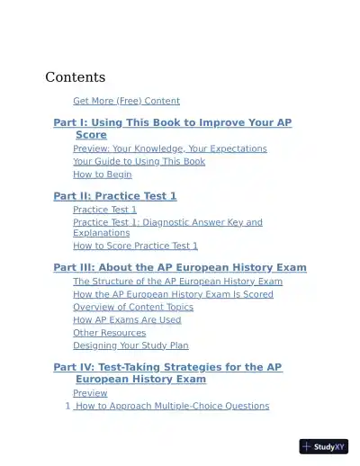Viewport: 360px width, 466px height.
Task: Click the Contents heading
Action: point(75,77)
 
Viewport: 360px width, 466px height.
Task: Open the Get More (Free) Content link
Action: point(126,101)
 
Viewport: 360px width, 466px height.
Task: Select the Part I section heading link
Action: point(172,122)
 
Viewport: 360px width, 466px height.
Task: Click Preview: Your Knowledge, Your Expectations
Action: point(169,148)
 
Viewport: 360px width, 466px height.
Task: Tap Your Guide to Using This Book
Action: point(139,161)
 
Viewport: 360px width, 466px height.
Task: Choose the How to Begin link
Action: point(102,175)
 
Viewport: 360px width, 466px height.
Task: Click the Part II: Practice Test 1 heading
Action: point(115,196)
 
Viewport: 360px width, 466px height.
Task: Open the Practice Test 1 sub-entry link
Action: point(104,210)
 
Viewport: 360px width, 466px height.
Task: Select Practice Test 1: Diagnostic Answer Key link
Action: point(167,222)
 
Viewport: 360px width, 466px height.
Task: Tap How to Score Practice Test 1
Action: point(135,246)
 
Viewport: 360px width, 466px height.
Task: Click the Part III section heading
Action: point(180,267)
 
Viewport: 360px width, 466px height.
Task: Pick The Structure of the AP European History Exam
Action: point(177,282)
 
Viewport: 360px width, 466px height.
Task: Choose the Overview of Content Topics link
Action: point(132,307)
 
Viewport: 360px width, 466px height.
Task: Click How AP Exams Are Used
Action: point(127,319)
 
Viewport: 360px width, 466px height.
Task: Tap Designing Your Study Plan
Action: point(130,345)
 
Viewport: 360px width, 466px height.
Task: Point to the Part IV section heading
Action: point(167,367)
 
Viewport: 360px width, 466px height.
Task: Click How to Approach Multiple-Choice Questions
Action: point(172,406)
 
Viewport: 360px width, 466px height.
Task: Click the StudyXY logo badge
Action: point(323,446)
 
